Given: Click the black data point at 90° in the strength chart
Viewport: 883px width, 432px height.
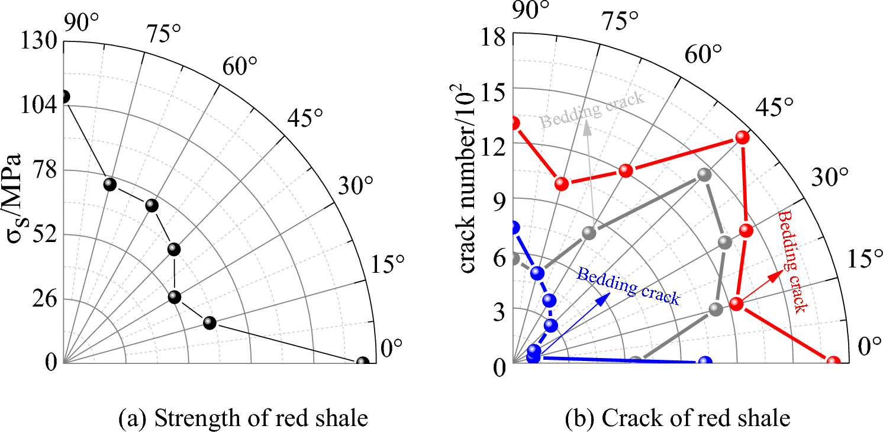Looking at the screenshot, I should pos(64,96).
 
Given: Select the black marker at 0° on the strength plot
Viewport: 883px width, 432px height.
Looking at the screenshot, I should pos(363,362).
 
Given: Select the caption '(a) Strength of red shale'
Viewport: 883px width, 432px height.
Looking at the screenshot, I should pos(243,418).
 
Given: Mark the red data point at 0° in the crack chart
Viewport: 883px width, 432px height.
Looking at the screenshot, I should pos(833,362).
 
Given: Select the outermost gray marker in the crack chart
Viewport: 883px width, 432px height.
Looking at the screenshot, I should pos(704,175).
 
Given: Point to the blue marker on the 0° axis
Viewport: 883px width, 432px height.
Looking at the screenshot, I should pos(705,362).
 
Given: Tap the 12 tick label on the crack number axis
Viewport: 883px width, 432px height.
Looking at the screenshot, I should pos(492,147).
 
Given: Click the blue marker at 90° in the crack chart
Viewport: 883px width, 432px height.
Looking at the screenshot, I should pos(514,227).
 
